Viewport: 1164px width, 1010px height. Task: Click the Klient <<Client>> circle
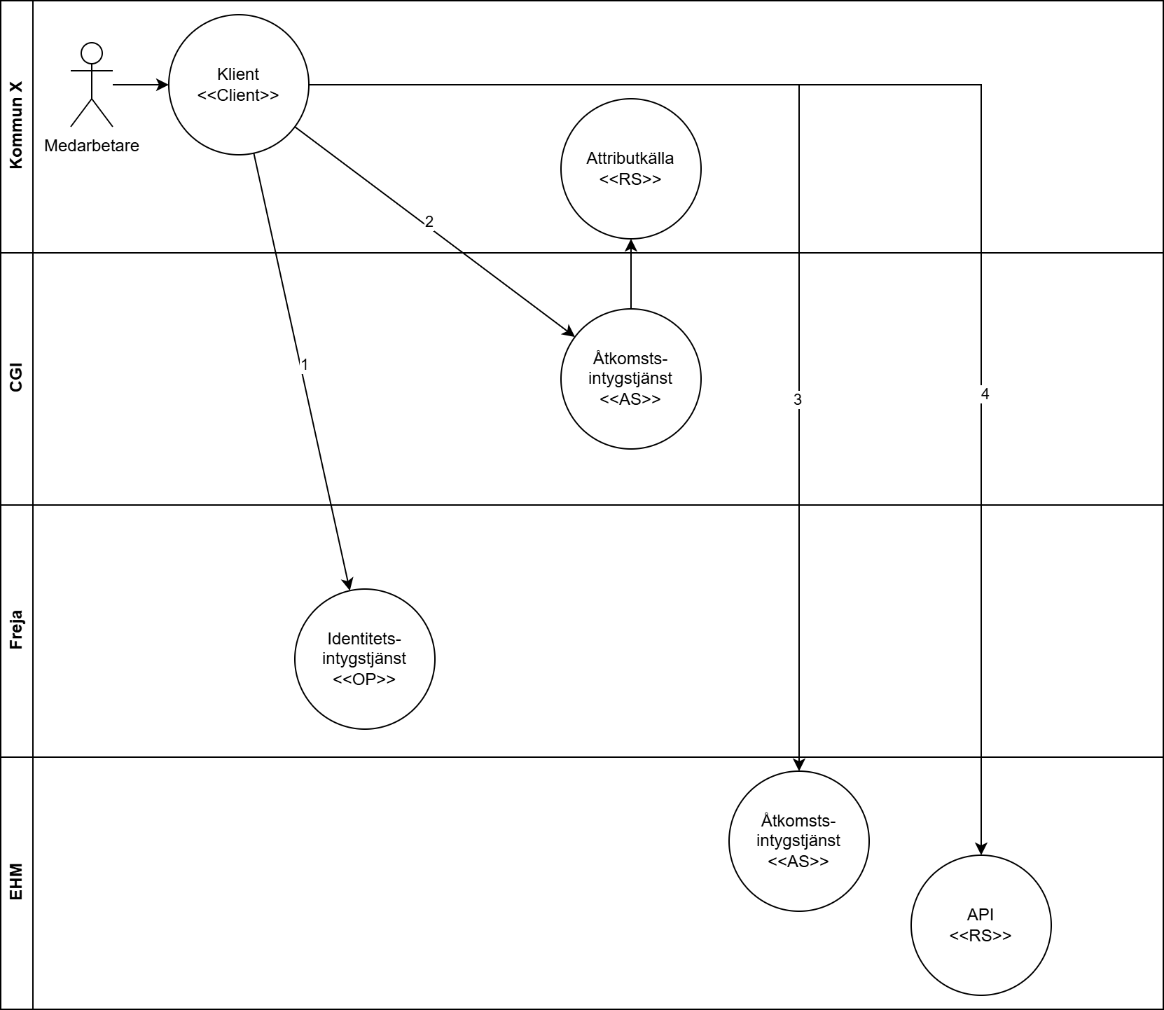(238, 85)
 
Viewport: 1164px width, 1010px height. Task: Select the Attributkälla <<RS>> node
(630, 169)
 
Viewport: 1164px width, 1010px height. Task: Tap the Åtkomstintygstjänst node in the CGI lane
(630, 379)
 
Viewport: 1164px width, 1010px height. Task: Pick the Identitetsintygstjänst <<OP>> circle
(364, 659)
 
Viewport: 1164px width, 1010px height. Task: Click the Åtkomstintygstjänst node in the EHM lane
(798, 841)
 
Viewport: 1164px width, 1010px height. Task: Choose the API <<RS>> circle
(981, 925)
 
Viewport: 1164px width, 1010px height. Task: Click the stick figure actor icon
(91, 84)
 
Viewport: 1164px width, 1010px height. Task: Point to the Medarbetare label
(91, 146)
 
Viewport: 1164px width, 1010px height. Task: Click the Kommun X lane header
(16, 126)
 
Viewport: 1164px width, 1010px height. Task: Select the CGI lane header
(16, 378)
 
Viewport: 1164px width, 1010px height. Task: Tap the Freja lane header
(16, 630)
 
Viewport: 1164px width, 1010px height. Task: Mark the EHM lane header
(16, 883)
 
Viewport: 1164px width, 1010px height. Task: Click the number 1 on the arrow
(304, 365)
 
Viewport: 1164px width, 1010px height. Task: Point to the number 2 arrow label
(429, 222)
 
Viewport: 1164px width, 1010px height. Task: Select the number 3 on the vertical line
(797, 399)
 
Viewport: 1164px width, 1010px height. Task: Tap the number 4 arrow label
(985, 394)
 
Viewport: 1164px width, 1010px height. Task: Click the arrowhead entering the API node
(981, 849)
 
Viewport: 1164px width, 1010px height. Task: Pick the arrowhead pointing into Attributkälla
(630, 245)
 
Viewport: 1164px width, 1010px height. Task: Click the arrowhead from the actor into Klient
(162, 85)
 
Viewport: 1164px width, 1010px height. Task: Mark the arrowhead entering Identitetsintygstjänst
(347, 583)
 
